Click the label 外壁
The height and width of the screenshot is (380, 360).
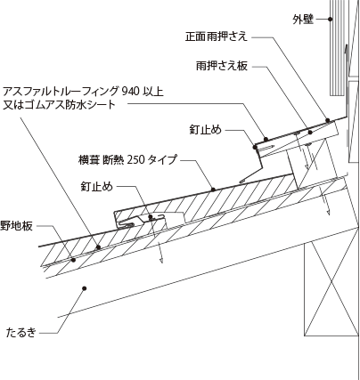(x=303, y=20)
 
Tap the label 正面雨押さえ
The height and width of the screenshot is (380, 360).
(x=217, y=36)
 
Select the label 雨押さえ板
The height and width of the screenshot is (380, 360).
(x=222, y=66)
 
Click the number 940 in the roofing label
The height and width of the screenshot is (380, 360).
(x=130, y=92)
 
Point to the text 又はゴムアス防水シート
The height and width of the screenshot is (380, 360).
(x=59, y=105)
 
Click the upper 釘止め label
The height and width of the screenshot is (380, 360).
(x=206, y=130)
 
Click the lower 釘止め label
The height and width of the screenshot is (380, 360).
(x=97, y=186)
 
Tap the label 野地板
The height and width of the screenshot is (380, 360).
(x=16, y=226)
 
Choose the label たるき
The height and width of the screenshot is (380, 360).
(x=21, y=333)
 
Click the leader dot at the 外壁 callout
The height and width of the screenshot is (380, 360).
(x=330, y=20)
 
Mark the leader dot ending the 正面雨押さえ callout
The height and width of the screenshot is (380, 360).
(x=328, y=120)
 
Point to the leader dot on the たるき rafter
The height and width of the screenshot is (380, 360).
(x=85, y=288)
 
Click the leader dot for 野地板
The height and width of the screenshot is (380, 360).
(x=73, y=260)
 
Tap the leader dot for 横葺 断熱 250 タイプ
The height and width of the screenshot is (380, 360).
(x=213, y=189)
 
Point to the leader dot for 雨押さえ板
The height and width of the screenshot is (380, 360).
(x=310, y=133)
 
